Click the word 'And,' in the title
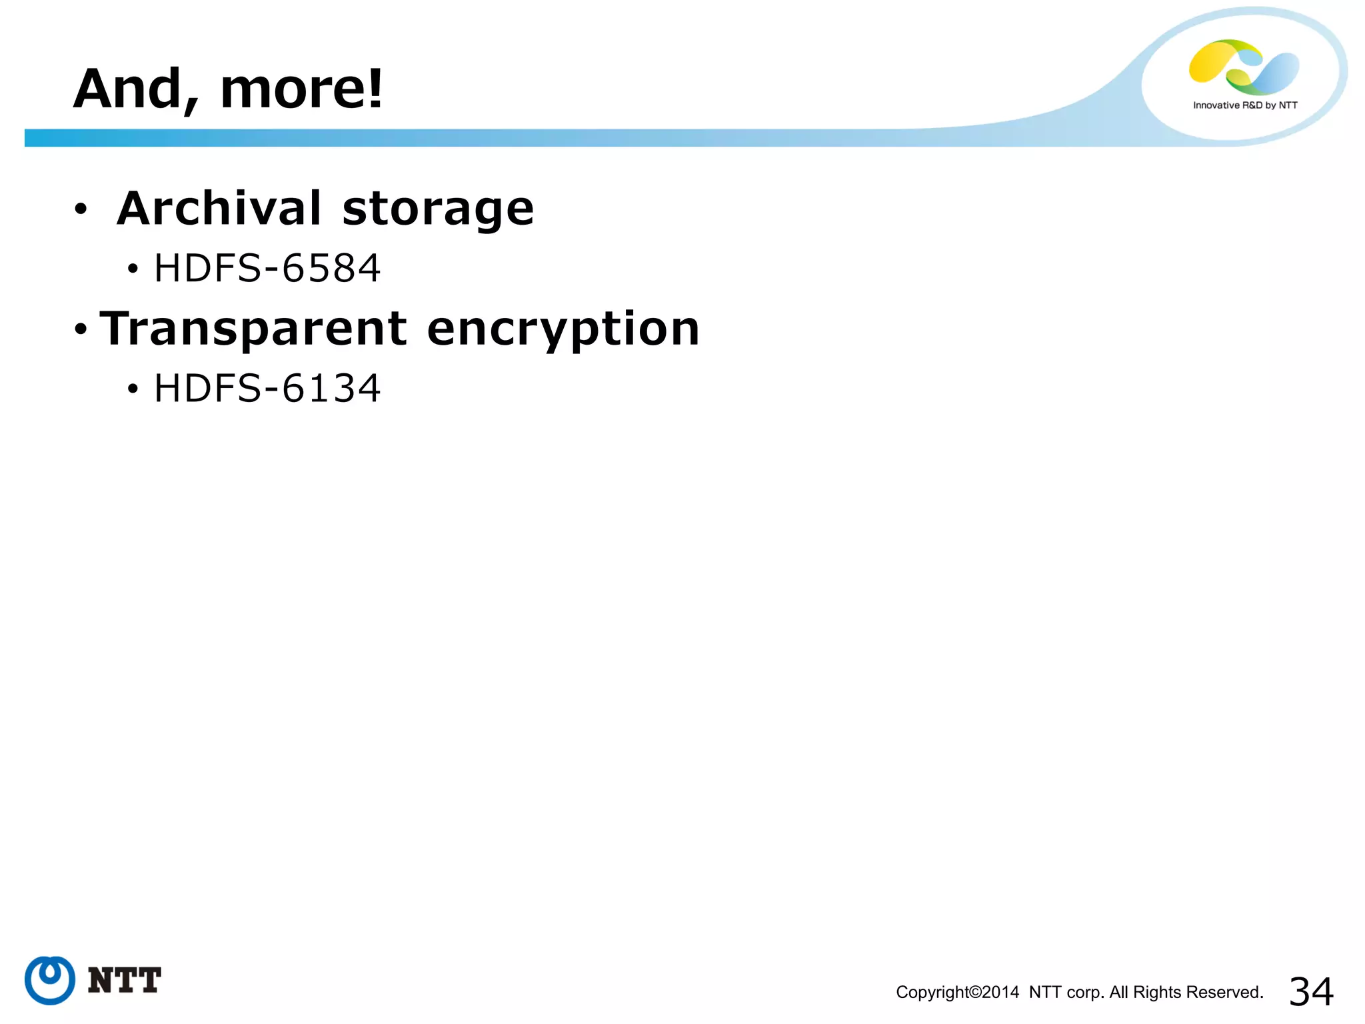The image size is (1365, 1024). [136, 89]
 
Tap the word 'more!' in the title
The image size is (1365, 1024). [301, 89]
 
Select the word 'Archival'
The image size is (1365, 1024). [219, 209]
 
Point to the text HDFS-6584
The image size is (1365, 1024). [267, 269]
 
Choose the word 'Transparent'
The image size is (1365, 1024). [253, 329]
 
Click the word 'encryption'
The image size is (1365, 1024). [563, 330]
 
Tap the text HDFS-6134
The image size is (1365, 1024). [267, 389]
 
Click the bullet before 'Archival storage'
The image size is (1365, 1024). [81, 209]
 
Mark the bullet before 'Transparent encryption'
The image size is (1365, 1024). [81, 329]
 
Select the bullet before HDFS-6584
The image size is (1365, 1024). [133, 269]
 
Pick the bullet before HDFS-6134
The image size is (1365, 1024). [133, 389]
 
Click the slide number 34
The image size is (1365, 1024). [1311, 991]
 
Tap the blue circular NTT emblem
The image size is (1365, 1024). [50, 980]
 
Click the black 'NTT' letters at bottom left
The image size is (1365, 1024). [125, 981]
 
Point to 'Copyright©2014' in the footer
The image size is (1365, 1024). [957, 993]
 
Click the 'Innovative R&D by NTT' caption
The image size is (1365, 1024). [1245, 105]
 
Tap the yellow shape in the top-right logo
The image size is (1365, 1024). [1210, 61]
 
